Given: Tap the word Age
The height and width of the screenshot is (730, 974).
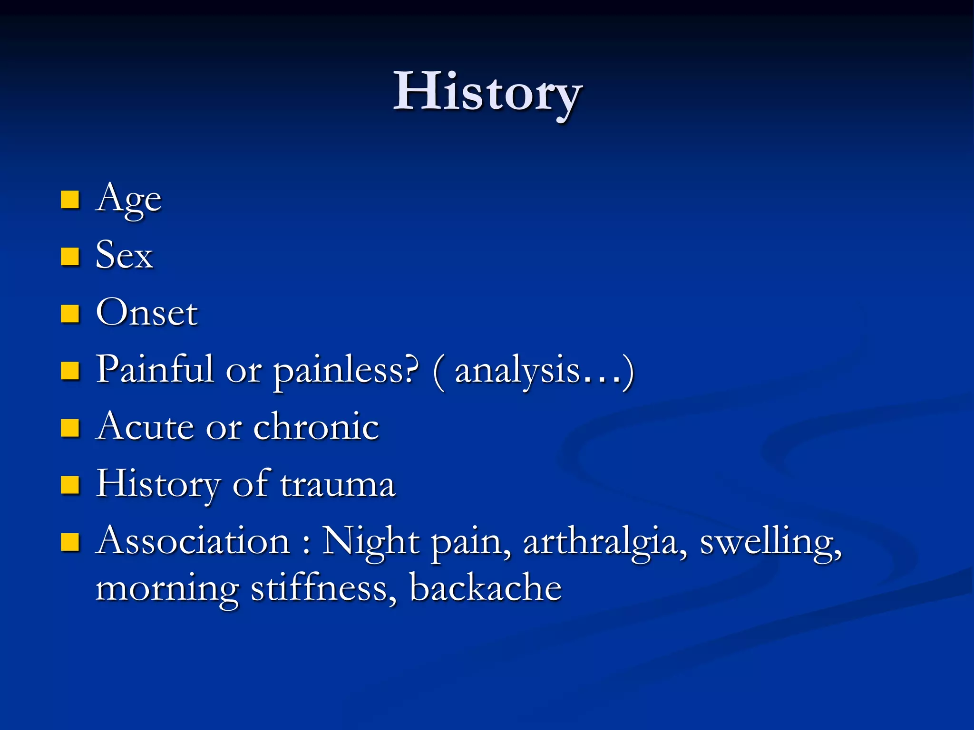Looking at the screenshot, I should point(128,199).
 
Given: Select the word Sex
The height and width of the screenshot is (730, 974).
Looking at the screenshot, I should point(124,255).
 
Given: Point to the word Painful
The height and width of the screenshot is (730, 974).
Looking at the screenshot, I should point(155,369).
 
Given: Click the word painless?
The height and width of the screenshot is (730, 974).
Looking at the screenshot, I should point(346,371).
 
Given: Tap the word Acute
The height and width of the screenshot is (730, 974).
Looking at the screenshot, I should point(145,426).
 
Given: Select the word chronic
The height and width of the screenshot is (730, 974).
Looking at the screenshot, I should point(316,426).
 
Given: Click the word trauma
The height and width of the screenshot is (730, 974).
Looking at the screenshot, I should point(338,484).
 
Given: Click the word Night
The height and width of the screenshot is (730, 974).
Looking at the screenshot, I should point(371,542).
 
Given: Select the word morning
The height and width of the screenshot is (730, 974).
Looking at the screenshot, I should point(167,589).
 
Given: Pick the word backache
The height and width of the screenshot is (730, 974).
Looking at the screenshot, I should point(486,588).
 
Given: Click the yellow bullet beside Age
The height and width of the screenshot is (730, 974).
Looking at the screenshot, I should point(70,200).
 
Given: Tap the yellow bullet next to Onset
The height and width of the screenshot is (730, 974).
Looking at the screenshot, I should point(70,314).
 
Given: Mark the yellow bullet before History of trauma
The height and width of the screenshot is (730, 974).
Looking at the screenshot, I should point(70,485).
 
